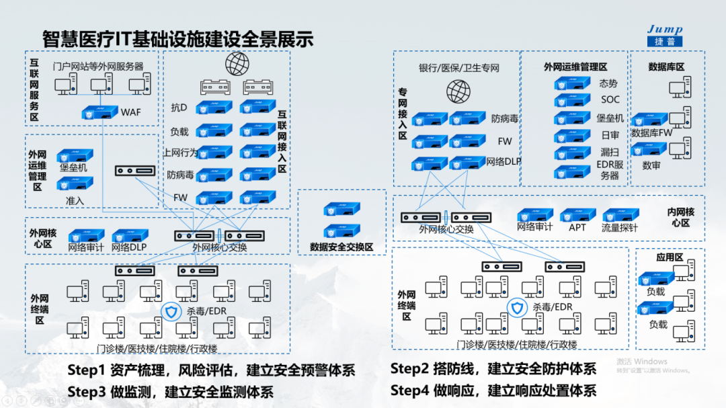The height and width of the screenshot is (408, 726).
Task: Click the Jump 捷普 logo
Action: coord(664,36)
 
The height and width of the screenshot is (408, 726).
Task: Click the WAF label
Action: coord(131,112)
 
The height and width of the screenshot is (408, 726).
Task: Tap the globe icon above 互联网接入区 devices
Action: coord(236,63)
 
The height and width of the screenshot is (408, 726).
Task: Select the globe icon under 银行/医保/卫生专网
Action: coord(458,90)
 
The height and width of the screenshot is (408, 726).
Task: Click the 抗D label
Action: coord(179,108)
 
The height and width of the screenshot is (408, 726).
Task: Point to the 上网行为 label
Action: coord(180,152)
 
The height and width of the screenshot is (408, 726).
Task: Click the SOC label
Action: coord(610,100)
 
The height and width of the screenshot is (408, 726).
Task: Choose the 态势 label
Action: coord(608,84)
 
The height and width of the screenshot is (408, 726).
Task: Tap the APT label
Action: coord(577,227)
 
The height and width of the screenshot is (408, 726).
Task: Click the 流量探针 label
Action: coord(620,227)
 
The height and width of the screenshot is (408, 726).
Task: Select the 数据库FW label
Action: coord(651,133)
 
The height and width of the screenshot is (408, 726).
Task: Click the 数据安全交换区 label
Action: coord(341,247)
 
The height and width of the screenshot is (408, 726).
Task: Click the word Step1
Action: coord(87,370)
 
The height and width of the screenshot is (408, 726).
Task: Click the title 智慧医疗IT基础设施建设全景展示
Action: coord(177,38)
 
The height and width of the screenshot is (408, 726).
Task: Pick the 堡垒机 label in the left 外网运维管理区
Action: coord(74,167)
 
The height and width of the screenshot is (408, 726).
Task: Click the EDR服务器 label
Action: coord(610,169)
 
